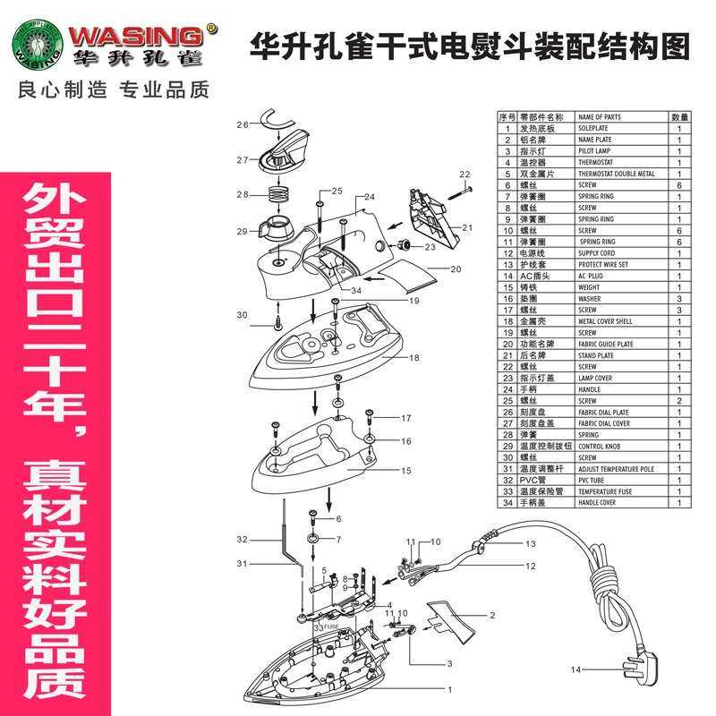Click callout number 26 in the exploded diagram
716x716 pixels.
tap(242, 125)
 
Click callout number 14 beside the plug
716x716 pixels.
tap(575, 669)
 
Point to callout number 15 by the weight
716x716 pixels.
tap(380, 471)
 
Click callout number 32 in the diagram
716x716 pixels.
tap(242, 540)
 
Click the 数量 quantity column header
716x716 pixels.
tap(679, 117)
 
